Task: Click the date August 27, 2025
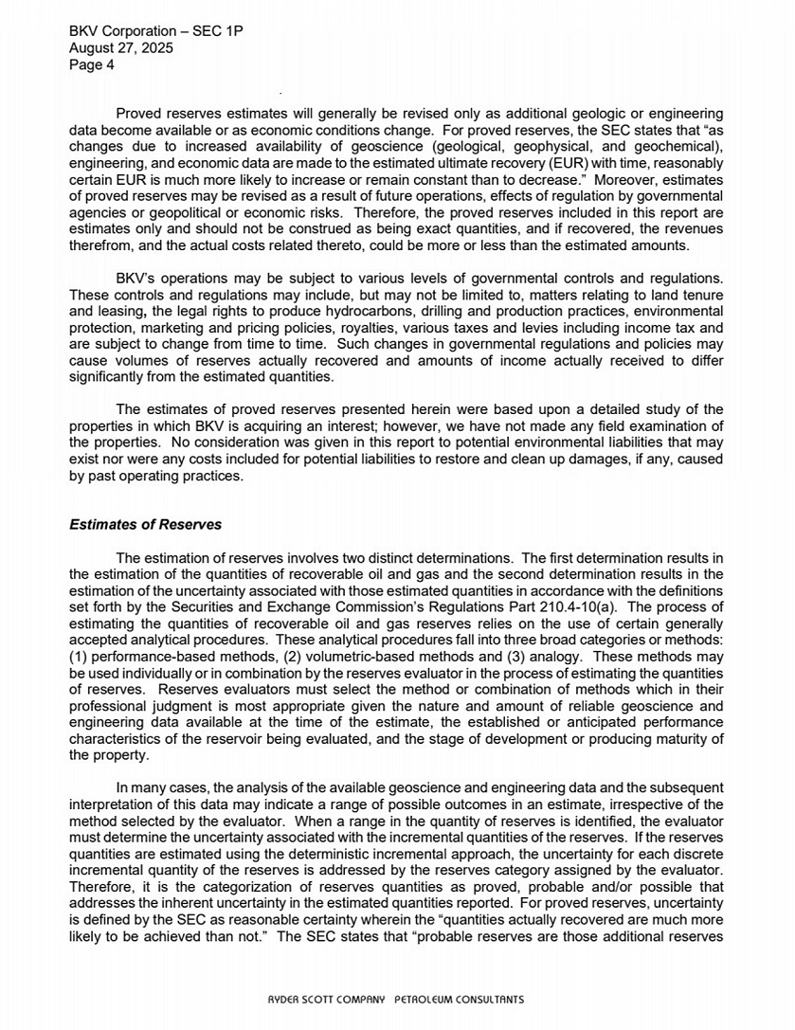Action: [121, 48]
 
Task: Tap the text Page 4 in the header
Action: [92, 65]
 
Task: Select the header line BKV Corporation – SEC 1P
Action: [156, 31]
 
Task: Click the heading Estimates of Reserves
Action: [147, 524]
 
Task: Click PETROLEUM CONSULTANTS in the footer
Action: [459, 999]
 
